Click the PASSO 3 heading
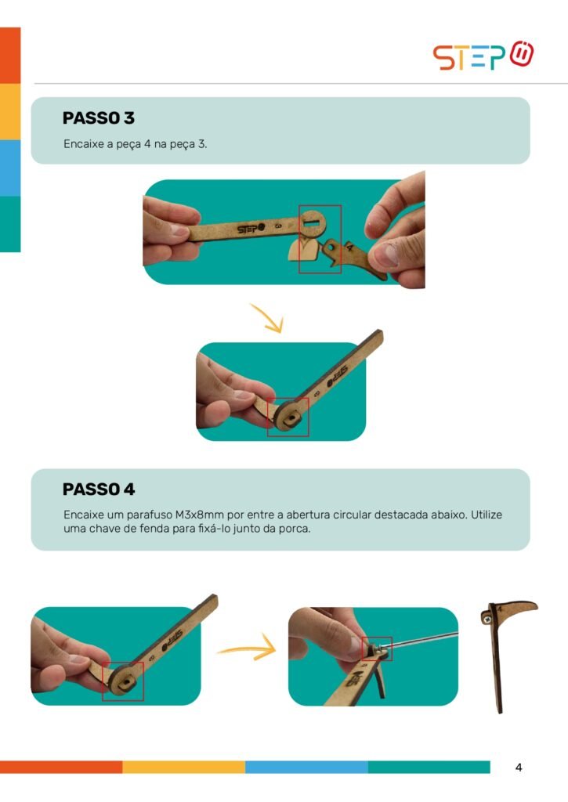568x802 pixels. coord(98,118)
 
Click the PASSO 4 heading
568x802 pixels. coord(99,490)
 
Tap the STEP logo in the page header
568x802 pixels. coord(483,56)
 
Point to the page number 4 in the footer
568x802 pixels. coord(519,768)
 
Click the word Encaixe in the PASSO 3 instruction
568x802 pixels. coord(83,144)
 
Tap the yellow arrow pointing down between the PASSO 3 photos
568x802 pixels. coord(266,318)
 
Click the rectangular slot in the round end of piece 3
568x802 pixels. coord(311,223)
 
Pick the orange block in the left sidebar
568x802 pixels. coord(10,56)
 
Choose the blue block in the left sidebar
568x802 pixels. coord(10,168)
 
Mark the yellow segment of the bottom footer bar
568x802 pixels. coord(183,767)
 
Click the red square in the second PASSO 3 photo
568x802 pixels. coord(288,417)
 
